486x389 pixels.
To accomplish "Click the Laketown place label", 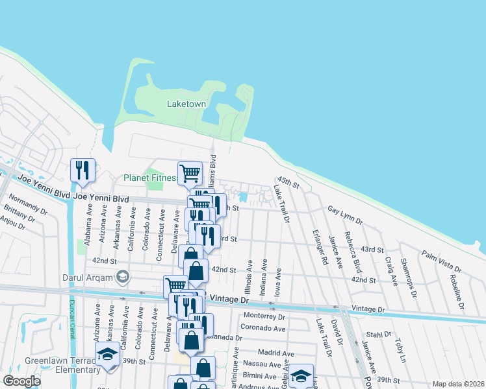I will click(x=186, y=104).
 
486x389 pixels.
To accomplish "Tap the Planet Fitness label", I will click(x=151, y=178).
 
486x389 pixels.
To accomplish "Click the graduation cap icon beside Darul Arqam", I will click(x=122, y=278).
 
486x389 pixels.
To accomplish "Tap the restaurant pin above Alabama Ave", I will click(x=83, y=170).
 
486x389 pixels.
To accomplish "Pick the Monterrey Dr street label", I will click(x=263, y=317).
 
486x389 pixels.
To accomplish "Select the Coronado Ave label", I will click(x=263, y=329).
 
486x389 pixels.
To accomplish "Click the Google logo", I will click(x=21, y=381).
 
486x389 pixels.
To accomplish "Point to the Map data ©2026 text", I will click(x=457, y=384).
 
